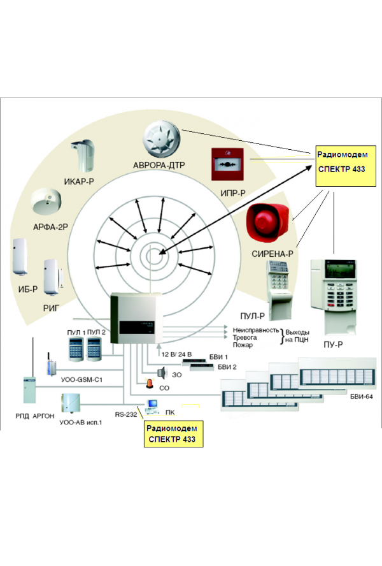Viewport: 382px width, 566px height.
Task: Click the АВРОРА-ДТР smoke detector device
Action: click(x=162, y=137)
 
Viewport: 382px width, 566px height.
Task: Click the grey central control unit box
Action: click(x=134, y=317)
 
